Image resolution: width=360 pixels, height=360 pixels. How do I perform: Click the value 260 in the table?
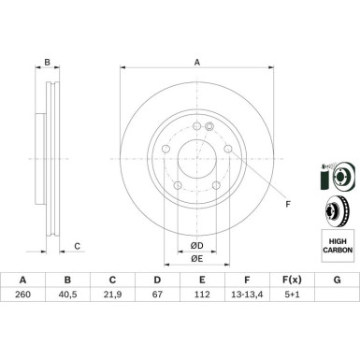[23, 295]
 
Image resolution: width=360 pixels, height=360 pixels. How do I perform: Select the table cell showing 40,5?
[67, 295]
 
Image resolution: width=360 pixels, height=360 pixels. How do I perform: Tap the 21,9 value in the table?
[112, 295]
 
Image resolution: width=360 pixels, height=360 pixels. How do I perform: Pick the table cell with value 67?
[157, 295]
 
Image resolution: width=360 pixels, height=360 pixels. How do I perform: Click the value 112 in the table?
[202, 295]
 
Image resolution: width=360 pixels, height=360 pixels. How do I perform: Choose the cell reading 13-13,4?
[247, 295]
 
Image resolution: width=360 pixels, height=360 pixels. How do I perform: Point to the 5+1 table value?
[292, 295]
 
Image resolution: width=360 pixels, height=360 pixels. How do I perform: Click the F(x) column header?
[292, 280]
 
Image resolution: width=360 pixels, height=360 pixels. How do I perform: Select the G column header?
[337, 280]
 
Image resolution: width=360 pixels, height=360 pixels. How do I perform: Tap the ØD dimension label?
[197, 246]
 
